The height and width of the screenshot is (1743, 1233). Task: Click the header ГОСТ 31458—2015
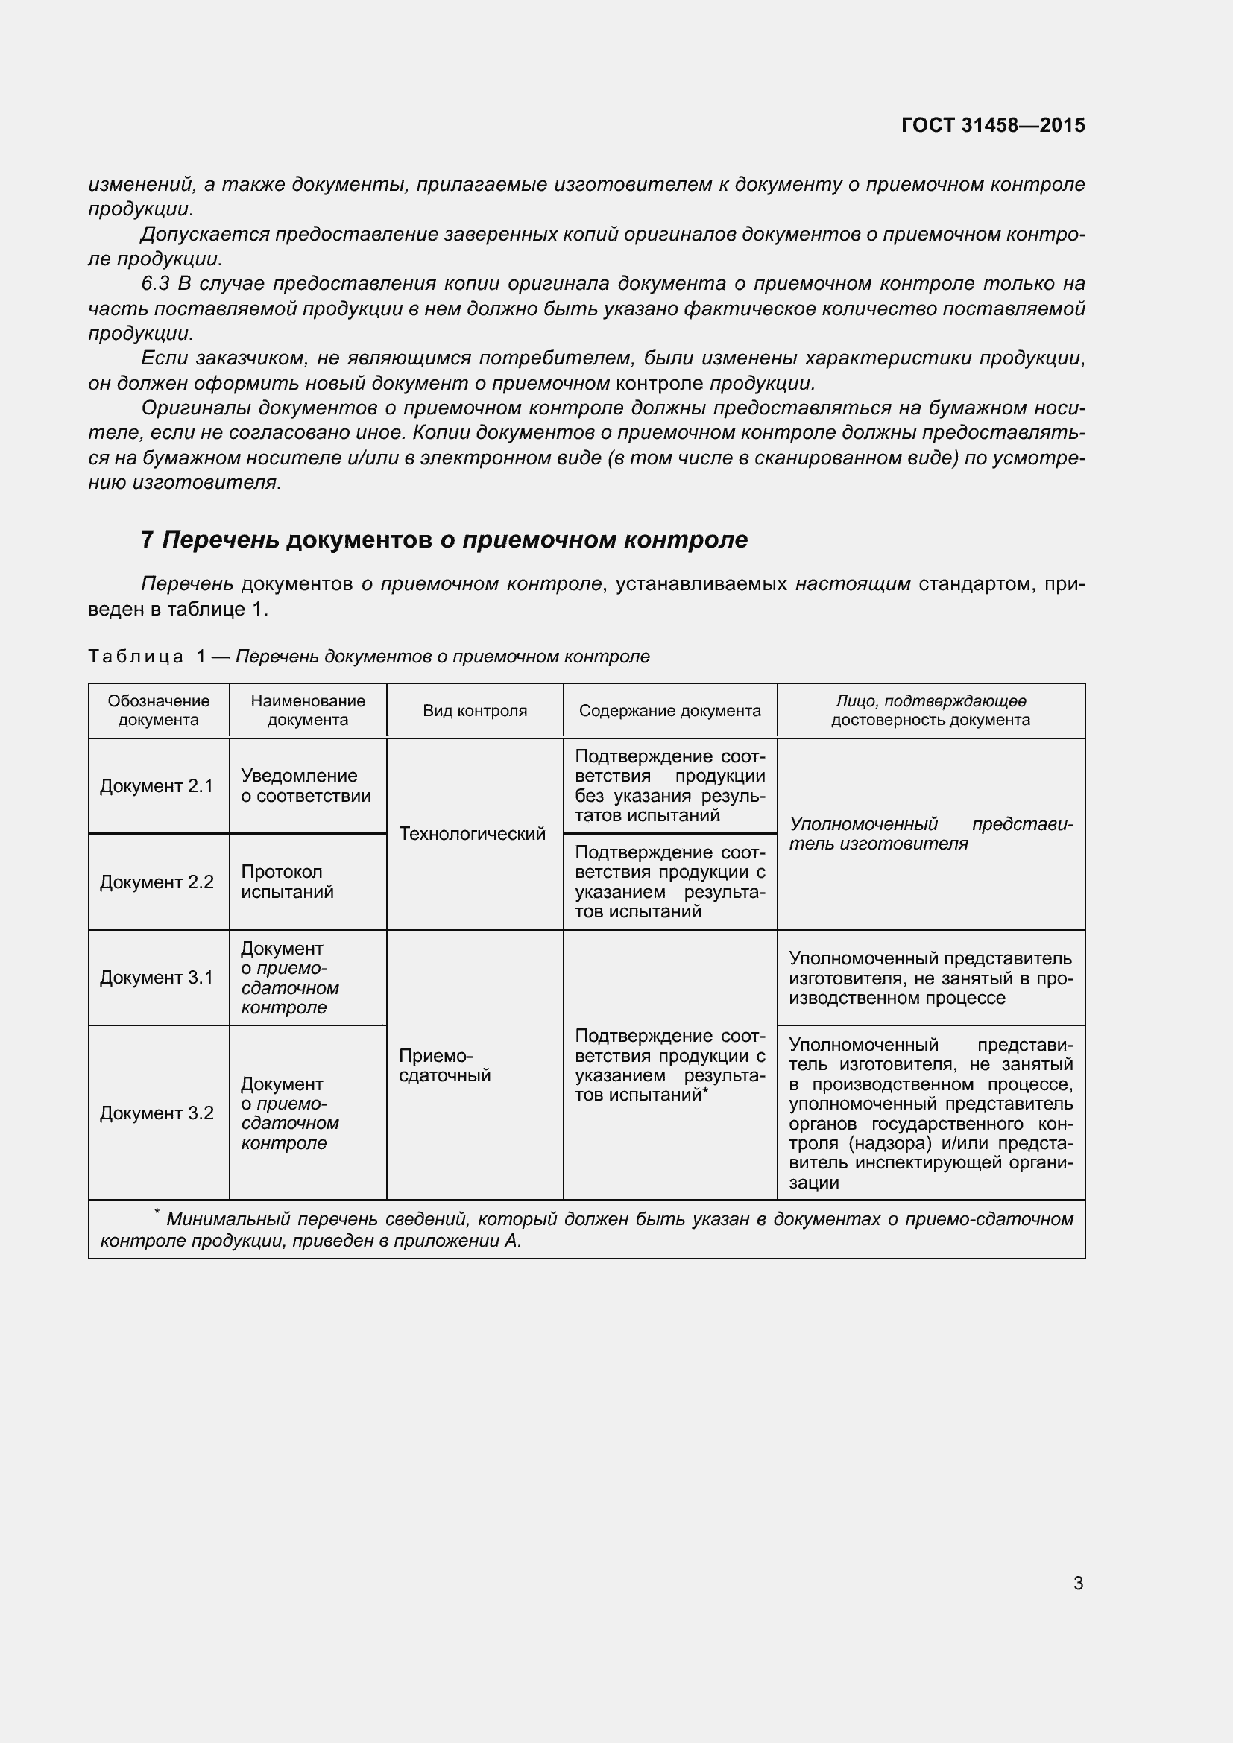(x=992, y=125)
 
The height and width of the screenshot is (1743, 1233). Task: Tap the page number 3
(x=1078, y=1583)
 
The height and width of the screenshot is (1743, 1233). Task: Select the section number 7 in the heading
(x=148, y=540)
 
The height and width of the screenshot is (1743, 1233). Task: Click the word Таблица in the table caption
(x=136, y=656)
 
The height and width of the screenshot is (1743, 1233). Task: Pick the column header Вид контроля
(x=475, y=711)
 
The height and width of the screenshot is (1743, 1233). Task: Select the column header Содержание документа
(x=669, y=711)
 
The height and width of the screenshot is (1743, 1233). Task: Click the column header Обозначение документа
(x=158, y=710)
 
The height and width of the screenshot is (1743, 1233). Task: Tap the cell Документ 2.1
(x=157, y=785)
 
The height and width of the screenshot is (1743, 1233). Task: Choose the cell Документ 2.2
(x=157, y=882)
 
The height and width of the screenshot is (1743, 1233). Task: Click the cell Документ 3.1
(x=157, y=977)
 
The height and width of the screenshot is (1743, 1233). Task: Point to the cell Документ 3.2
(x=157, y=1112)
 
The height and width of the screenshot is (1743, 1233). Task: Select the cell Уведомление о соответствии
(x=305, y=785)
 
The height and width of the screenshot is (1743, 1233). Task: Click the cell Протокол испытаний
(x=287, y=882)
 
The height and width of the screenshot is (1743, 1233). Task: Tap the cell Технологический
(x=472, y=834)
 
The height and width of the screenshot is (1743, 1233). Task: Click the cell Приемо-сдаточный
(x=444, y=1065)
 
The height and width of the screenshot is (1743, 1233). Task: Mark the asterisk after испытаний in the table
(x=705, y=1092)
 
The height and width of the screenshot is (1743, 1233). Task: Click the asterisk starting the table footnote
(x=157, y=1212)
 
